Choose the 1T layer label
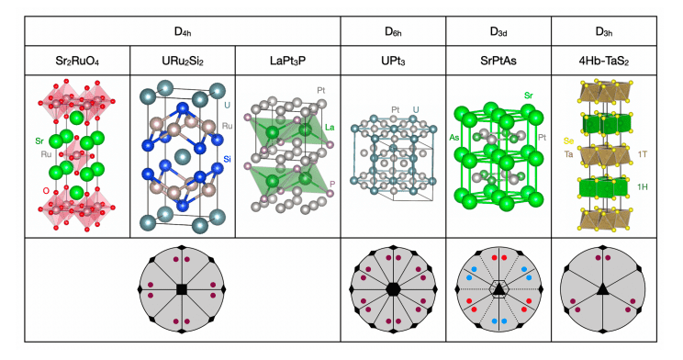[643, 154]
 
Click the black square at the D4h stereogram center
[181, 290]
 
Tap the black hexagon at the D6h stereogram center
[392, 290]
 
